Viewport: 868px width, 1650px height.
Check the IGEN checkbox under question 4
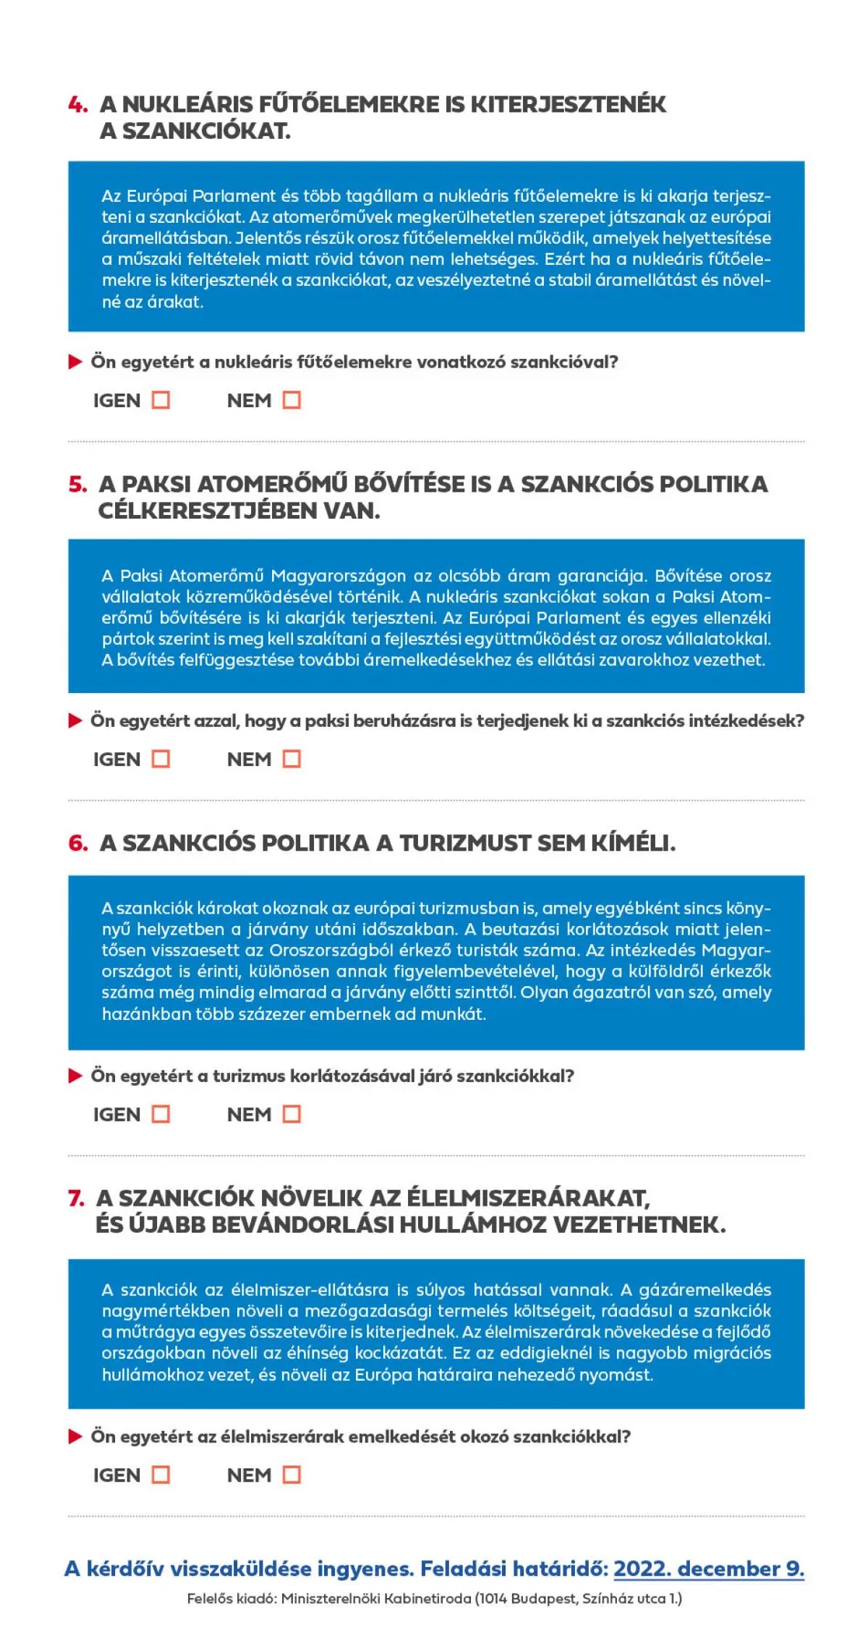pos(161,400)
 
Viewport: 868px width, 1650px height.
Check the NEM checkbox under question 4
pos(291,400)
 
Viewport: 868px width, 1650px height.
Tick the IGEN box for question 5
pos(161,759)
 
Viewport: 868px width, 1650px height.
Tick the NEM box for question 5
pos(291,759)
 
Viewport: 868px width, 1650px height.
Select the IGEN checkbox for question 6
pos(161,1114)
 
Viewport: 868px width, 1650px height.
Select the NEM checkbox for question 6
pos(291,1114)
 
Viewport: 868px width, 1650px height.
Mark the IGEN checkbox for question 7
pos(161,1475)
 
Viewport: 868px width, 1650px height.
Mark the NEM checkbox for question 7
pos(291,1475)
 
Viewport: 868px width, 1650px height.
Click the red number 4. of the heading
pos(78,105)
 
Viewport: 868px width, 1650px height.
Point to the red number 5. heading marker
pos(78,484)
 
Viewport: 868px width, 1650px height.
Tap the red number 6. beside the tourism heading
pos(78,843)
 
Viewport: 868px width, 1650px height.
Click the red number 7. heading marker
pos(77,1198)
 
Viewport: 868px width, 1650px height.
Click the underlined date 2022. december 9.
pos(708,1569)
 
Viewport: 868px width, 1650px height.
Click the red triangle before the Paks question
pos(76,721)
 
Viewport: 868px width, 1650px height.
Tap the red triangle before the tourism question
pos(76,1076)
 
